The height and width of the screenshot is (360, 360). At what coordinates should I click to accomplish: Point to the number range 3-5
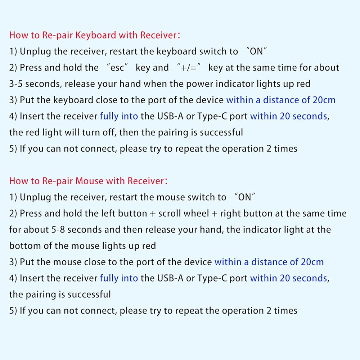16,84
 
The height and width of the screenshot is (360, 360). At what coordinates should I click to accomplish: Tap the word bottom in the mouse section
22,246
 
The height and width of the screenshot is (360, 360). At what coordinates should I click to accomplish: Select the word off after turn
109,132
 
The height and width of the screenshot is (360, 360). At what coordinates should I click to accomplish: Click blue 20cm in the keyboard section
324,100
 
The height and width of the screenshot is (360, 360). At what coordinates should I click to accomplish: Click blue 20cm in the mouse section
312,262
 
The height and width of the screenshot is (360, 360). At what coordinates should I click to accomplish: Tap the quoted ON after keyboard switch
256,51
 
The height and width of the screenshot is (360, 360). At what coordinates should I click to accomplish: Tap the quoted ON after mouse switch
244,197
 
